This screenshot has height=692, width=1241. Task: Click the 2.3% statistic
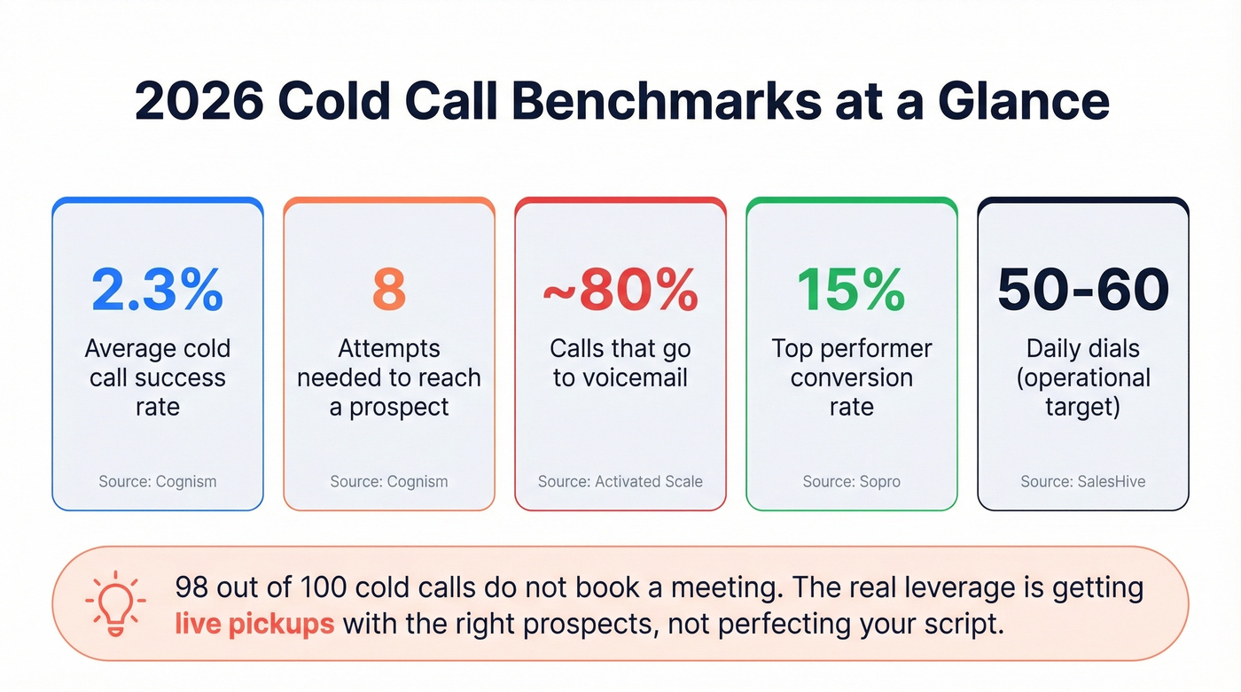(158, 288)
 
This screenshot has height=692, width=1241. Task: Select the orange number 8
(389, 288)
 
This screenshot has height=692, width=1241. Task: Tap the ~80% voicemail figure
(620, 288)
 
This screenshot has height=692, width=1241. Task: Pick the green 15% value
(851, 288)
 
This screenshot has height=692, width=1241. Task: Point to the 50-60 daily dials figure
(1083, 288)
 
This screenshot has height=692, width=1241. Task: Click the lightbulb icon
(114, 603)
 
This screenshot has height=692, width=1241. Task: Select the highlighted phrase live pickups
(254, 624)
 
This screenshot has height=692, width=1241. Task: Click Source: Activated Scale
(620, 482)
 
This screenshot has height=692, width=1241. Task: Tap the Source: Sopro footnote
(851, 482)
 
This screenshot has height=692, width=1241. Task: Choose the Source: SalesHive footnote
(1083, 482)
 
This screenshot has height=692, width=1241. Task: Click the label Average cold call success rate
(158, 377)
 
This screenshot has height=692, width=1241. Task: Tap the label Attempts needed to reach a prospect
(389, 377)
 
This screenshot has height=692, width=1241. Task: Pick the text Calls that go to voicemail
(620, 363)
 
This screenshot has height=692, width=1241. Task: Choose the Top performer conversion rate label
(851, 377)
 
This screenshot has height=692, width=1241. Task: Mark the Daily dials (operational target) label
(1083, 377)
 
